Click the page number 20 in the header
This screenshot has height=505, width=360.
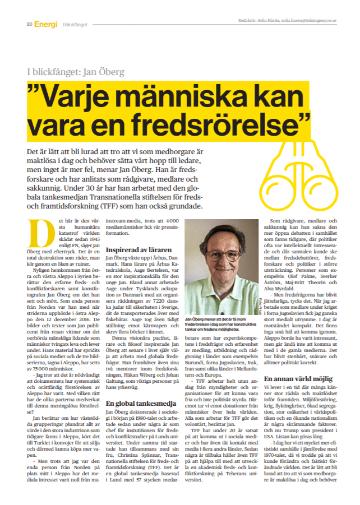(29, 24)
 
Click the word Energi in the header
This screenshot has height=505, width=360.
(45, 24)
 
